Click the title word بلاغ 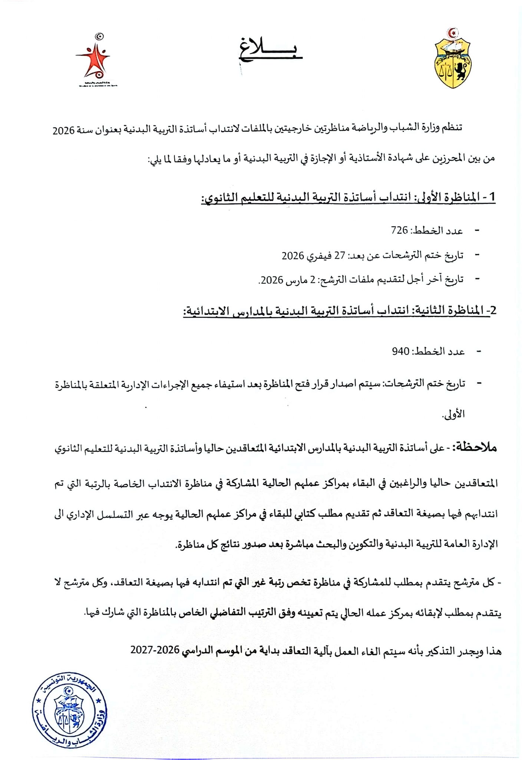click(x=270, y=49)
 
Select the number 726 click(x=399, y=230)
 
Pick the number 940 click(x=400, y=351)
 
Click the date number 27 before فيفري click(x=340, y=256)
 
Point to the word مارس click(x=297, y=279)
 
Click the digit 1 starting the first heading click(x=492, y=197)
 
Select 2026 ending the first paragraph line click(x=64, y=131)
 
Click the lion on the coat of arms click(x=461, y=71)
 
